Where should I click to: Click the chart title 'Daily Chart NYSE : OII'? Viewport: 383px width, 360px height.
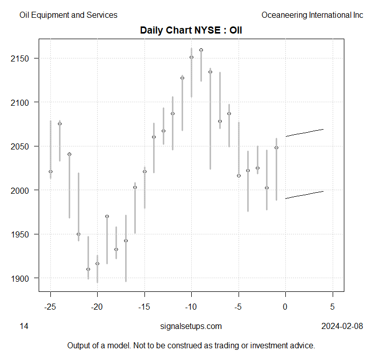(x=191, y=30)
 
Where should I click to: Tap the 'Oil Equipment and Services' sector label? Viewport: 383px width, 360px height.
(x=68, y=15)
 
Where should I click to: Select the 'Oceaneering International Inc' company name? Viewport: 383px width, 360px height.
(x=312, y=15)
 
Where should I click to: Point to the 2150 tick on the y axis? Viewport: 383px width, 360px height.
(x=20, y=58)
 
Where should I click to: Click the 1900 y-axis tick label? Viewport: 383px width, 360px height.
(x=20, y=278)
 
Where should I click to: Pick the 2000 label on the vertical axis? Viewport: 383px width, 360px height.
(x=20, y=190)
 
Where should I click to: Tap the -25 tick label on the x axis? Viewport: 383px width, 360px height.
(x=50, y=307)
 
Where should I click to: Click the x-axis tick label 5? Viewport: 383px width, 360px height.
(x=333, y=307)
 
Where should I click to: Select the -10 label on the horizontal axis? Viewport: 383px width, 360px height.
(x=191, y=307)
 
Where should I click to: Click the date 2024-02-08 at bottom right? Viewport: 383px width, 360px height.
(x=342, y=326)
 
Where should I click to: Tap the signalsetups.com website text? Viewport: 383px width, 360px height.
(x=191, y=326)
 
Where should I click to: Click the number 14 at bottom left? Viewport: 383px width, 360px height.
(x=24, y=326)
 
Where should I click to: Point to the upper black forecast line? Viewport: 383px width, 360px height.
(x=305, y=133)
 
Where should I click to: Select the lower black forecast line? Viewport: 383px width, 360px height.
(x=305, y=195)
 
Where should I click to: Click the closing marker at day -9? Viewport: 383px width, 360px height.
(x=201, y=50)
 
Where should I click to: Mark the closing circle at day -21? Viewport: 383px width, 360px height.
(x=88, y=269)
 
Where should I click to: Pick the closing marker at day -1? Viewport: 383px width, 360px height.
(x=276, y=147)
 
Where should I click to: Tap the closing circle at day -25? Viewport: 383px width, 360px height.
(x=50, y=171)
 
